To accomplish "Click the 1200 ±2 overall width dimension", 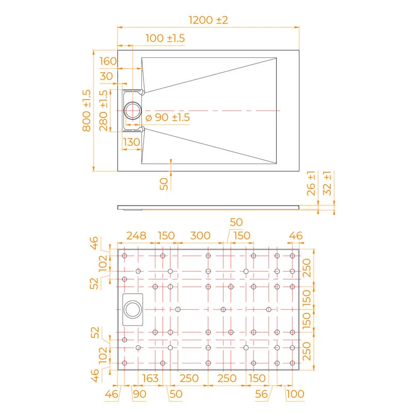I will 208,21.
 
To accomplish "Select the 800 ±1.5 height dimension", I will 86,110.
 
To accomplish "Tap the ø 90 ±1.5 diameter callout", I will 168,118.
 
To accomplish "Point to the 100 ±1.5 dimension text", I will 165,38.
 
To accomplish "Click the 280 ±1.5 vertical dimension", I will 103,110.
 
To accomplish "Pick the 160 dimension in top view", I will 108,61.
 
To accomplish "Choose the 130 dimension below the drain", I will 132,142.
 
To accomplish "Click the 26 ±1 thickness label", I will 311,183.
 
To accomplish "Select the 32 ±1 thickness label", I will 327,183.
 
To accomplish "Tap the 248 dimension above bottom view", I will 136,236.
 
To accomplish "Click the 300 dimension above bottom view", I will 200,236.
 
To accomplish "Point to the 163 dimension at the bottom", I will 150,378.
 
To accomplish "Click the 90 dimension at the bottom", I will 139,394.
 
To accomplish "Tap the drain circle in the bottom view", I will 132,310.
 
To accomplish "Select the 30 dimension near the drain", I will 106,76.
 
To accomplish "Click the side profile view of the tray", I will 208,207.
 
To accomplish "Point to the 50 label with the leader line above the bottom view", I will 236,223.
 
